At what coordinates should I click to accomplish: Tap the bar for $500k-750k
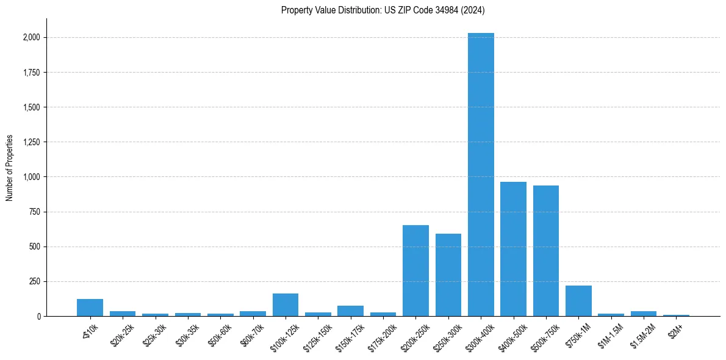[x=546, y=251]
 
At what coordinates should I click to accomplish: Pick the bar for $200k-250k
[x=415, y=271]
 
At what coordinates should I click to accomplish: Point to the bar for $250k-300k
[x=448, y=275]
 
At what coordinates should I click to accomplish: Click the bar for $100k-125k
[x=286, y=305]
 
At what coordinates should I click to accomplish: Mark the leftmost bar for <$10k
[x=90, y=308]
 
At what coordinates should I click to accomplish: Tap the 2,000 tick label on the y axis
[x=32, y=38]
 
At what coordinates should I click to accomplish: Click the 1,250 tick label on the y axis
[x=32, y=142]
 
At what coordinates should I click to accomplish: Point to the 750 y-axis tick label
[x=35, y=212]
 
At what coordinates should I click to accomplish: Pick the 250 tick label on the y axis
[x=35, y=281]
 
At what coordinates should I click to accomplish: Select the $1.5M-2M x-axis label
[x=642, y=335]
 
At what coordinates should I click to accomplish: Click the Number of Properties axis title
[x=10, y=168]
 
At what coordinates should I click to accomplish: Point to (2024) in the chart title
[x=473, y=10]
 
